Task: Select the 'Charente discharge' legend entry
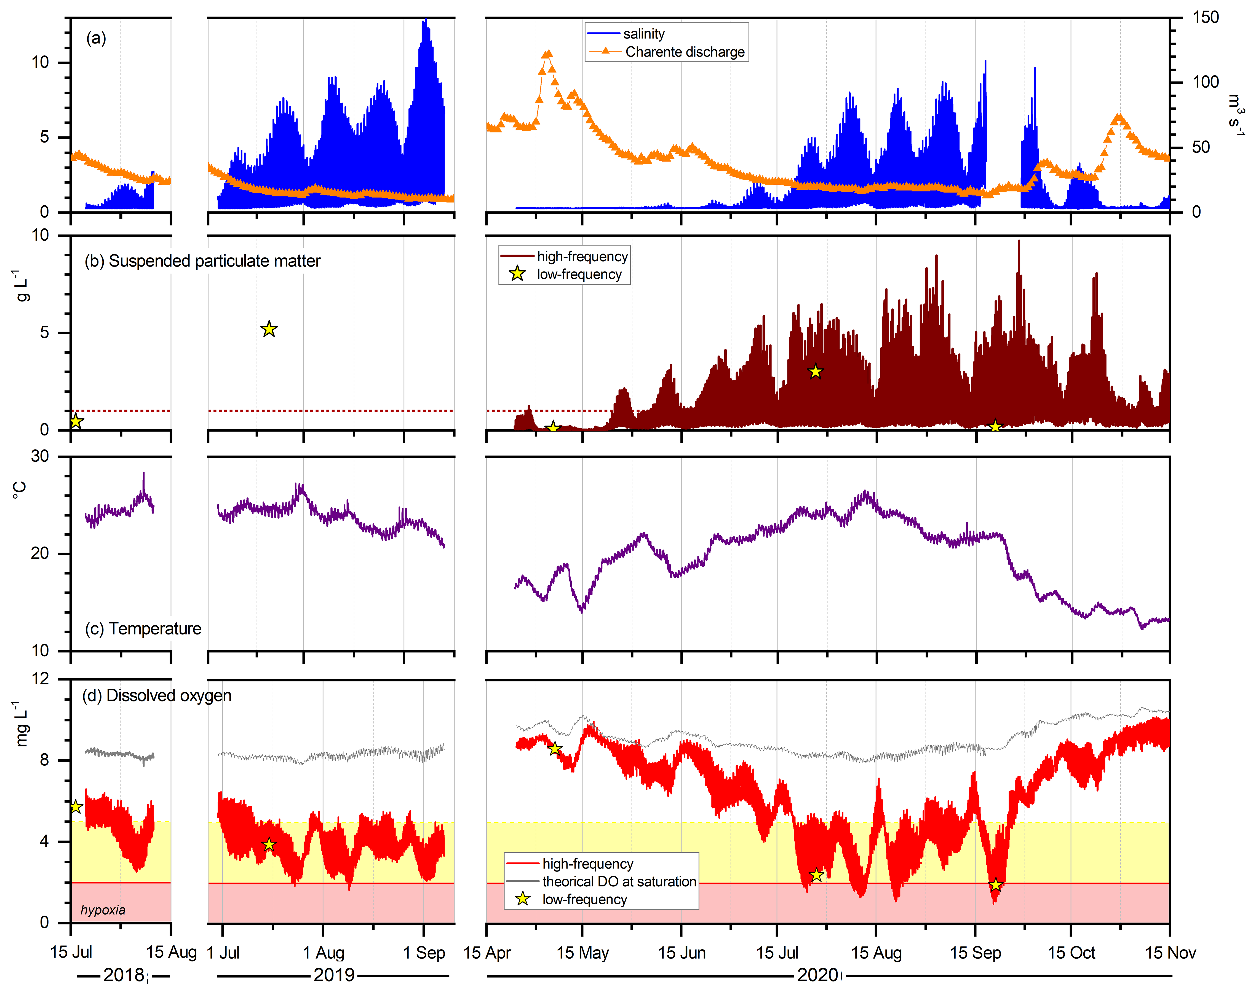point(685,52)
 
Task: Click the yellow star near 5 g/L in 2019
point(269,329)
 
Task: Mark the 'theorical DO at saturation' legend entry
point(619,881)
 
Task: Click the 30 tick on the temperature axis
point(40,456)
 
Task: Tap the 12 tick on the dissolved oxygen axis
point(40,679)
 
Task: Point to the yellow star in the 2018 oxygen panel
point(76,806)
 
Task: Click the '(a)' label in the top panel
point(96,38)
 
